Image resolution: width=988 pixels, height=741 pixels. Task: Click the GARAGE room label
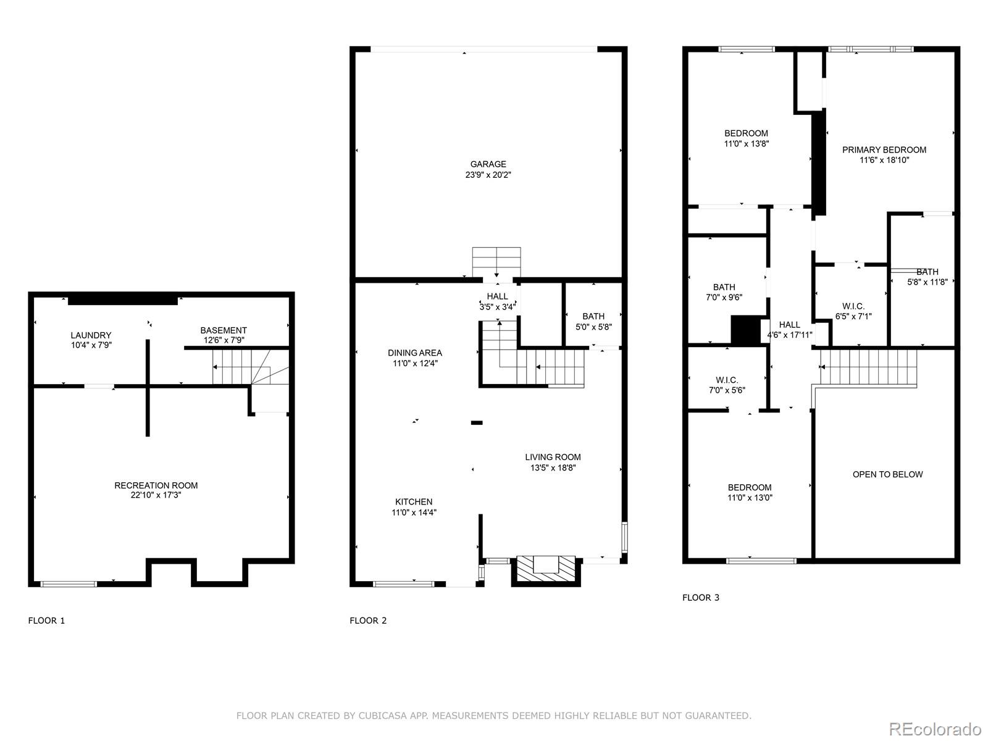(x=488, y=164)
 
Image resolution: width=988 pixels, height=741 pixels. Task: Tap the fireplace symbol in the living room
(x=545, y=567)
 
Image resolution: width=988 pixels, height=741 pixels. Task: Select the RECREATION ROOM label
(x=156, y=485)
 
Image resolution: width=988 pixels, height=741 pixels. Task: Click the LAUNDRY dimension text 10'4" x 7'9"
(x=91, y=346)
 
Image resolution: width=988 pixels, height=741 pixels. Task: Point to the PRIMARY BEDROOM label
(x=884, y=149)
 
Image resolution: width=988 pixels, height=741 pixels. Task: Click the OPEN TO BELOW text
(x=887, y=474)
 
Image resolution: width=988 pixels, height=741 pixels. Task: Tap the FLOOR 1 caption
(x=46, y=621)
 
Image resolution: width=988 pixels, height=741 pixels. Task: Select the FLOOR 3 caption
(x=700, y=597)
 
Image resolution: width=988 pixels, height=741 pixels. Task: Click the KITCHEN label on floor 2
(x=414, y=501)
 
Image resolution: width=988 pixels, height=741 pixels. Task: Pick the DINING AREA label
(x=414, y=353)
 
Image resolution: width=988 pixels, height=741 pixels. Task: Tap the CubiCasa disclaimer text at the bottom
(x=493, y=716)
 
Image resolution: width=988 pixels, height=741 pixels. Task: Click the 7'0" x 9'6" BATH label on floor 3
(x=724, y=291)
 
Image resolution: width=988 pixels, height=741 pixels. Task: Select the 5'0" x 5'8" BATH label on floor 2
(x=593, y=321)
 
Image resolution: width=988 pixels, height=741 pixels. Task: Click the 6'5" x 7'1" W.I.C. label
(x=853, y=311)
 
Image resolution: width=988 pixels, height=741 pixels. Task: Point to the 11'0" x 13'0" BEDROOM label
(x=749, y=492)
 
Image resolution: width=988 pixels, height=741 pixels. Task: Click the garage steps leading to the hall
(x=496, y=262)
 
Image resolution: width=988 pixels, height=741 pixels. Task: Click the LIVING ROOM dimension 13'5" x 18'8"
(x=553, y=468)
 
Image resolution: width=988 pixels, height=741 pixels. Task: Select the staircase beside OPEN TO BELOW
(x=868, y=367)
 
